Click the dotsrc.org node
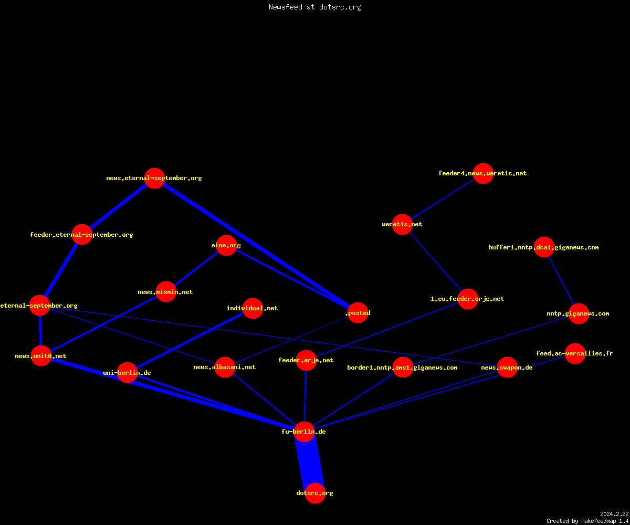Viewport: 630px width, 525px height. coord(315,493)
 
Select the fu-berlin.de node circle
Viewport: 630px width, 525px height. coord(304,432)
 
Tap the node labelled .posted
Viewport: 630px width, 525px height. coord(358,312)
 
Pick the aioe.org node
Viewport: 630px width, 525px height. coord(227,245)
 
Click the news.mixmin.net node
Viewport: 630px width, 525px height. coord(166,292)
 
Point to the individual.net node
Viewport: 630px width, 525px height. coord(253,308)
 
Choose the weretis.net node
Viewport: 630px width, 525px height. coord(402,224)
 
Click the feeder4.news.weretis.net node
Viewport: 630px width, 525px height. coord(483,173)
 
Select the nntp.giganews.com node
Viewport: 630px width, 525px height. coord(579,313)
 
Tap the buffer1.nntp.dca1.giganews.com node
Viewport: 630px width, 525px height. coord(544,247)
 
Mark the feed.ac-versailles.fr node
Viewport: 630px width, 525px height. coord(575,353)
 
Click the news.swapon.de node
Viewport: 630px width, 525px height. coord(507,367)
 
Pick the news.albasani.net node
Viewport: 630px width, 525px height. coord(225,367)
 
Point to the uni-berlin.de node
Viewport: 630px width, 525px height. coord(128,373)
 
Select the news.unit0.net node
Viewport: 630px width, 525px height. coord(41,356)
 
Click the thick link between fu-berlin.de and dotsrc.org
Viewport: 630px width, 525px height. coord(310,462)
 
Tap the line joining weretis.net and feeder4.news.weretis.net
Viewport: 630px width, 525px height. coord(443,199)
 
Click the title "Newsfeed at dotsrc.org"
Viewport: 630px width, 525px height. coord(314,7)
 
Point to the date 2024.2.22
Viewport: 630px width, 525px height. coord(614,514)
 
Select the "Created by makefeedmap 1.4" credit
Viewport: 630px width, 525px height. coord(587,521)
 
